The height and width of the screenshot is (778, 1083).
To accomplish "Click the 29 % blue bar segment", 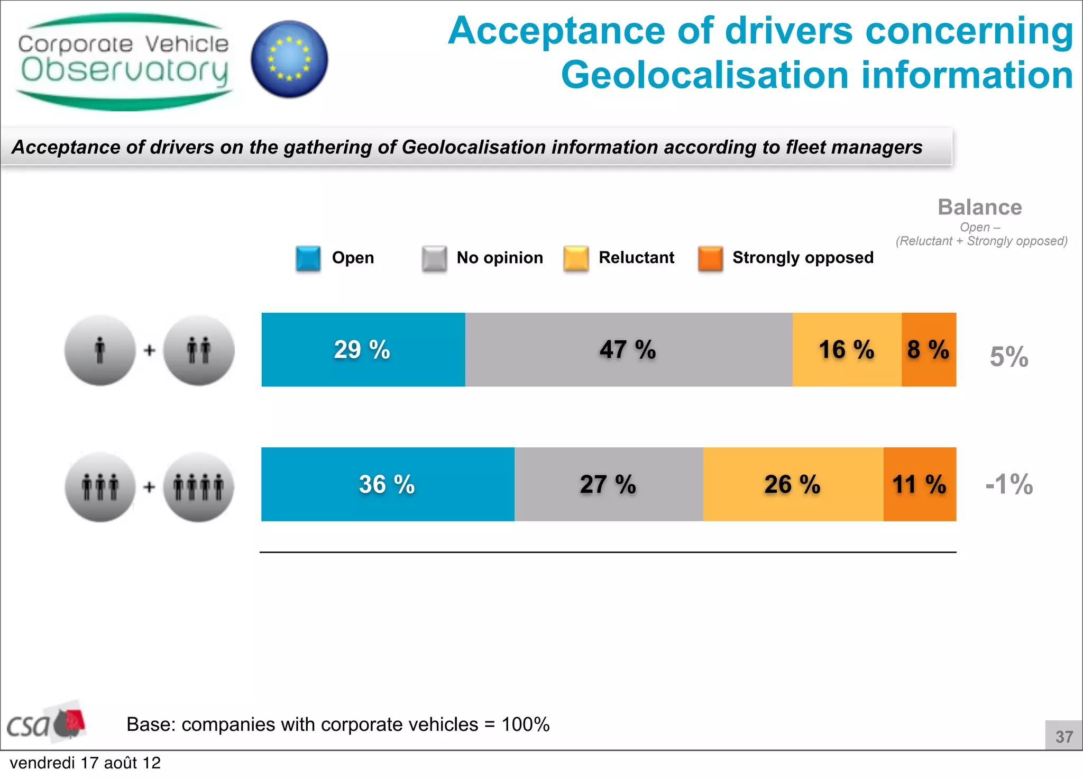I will (363, 349).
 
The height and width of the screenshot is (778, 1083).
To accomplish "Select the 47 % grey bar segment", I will (628, 349).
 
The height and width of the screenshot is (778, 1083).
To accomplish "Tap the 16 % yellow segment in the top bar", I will (847, 349).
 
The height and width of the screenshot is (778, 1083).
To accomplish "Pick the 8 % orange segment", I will (929, 349).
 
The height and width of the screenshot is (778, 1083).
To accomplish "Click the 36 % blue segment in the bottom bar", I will (387, 484).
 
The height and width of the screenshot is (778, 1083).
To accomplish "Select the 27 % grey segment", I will (608, 484).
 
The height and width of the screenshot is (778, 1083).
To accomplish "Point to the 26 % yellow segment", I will (793, 484).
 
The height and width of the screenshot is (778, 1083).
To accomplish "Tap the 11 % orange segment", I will (920, 484).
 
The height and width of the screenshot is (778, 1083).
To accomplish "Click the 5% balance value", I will (1009, 357).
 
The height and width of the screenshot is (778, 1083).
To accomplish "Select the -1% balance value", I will (1009, 484).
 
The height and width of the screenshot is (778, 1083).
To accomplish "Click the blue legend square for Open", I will (308, 258).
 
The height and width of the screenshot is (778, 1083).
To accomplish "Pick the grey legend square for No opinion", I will (434, 258).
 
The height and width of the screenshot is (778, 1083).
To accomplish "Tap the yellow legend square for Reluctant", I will (576, 258).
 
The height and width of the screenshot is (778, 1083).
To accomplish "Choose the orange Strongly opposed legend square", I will (710, 258).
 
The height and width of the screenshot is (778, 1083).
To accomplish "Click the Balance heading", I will (979, 207).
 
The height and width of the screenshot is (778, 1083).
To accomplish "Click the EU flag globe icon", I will (289, 59).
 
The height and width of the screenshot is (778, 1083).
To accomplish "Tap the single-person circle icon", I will (100, 350).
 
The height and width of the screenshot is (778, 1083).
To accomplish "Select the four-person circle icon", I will (198, 487).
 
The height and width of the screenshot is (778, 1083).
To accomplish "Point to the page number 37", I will (1064, 736).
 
